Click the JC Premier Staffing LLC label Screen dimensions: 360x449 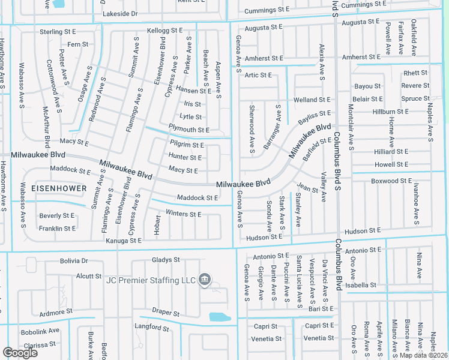tap(151, 280)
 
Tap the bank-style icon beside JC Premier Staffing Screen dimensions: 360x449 tap(204, 280)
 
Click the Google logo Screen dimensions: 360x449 tap(20, 353)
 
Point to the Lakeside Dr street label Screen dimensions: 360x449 tap(120, 13)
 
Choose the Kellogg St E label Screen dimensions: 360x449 tap(164, 30)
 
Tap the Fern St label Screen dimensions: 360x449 tap(78, 44)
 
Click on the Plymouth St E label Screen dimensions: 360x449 tap(188, 130)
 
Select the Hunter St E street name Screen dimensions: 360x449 tap(185, 157)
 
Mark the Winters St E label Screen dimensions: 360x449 tap(183, 214)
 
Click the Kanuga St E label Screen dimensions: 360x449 tap(124, 241)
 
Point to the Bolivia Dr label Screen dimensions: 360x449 tap(74, 261)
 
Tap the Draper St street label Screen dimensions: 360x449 tap(166, 313)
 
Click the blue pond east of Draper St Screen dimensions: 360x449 tap(218, 317)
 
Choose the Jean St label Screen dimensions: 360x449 tap(307, 189)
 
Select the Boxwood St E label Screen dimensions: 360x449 tap(391, 181)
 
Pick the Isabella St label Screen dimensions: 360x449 tap(361, 285)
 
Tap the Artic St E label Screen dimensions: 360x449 tap(258, 75)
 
